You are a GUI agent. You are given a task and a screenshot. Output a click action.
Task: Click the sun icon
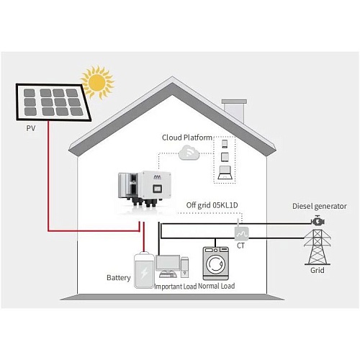coord(96,82)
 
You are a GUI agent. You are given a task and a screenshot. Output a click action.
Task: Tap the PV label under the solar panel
coord(31,128)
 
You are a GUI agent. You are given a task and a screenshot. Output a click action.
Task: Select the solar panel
coord(53,102)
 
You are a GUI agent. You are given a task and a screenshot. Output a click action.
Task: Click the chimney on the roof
coord(235,111)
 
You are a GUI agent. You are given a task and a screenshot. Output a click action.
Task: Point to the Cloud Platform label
coord(187,138)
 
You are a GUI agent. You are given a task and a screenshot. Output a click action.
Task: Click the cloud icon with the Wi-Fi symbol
coord(189,153)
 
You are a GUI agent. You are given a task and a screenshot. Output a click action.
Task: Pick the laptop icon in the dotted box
coord(225,173)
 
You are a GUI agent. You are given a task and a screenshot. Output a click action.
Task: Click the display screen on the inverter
coord(157,188)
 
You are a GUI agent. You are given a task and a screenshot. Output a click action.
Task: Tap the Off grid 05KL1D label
coord(212,205)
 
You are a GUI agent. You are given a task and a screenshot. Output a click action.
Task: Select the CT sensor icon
coord(241,233)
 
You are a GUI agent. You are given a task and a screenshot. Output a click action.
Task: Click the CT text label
coord(240,246)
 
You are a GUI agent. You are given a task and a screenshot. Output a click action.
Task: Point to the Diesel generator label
coord(320,206)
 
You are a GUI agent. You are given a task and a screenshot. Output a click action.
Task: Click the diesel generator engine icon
coord(318,221)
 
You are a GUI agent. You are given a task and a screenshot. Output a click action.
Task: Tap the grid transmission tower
coord(318,247)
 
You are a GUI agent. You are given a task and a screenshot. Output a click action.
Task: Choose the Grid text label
coord(318,270)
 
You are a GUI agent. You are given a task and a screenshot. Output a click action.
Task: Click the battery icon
coord(144,270)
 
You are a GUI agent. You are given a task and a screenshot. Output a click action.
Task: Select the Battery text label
coord(119,278)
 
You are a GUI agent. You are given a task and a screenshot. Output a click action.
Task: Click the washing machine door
coord(216,264)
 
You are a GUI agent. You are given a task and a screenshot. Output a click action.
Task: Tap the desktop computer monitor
coord(168,264)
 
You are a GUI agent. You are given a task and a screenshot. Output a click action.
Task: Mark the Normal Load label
coord(217,286)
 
